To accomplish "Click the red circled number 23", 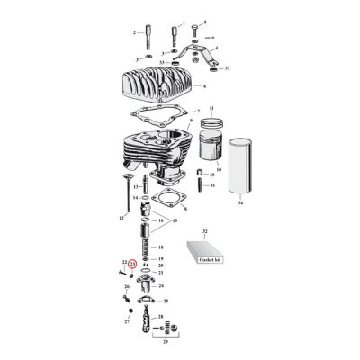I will pos(132,265).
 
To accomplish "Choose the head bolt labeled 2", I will pos(140,35).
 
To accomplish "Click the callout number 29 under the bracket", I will pos(161,343).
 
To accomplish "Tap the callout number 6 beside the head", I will pos(206,86).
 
